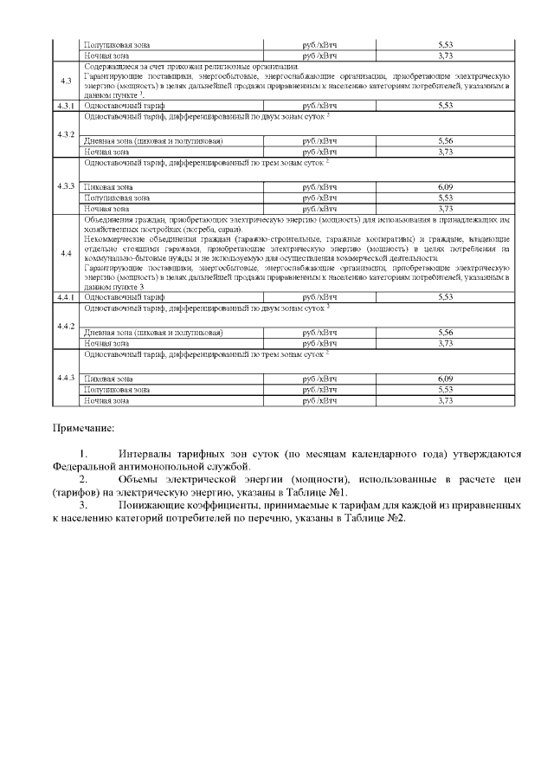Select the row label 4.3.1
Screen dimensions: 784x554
[66, 106]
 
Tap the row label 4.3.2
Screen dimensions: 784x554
[66, 134]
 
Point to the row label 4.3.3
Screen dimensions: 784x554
[66, 186]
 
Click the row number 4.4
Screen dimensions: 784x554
[66, 253]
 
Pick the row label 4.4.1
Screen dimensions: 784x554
[66, 296]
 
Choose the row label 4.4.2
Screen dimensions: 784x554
[66, 325]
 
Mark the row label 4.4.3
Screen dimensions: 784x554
[66, 378]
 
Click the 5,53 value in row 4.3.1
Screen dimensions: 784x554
[446, 106]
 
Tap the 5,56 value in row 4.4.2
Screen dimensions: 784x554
[446, 333]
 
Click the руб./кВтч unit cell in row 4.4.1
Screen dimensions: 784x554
[319, 296]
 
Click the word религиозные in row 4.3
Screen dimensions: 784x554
[226, 67]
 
